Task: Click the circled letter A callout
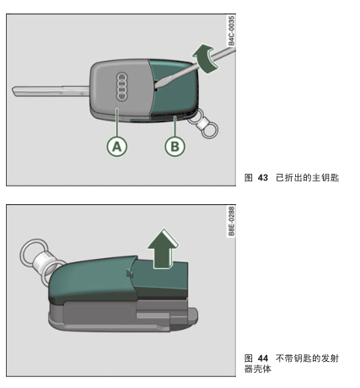tap(117, 147)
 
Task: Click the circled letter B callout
tap(175, 147)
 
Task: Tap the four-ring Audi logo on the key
tap(121, 86)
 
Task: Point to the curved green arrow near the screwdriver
tap(205, 58)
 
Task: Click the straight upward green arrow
tap(163, 249)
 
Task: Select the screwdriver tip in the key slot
tap(157, 85)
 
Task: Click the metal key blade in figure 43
tap(51, 91)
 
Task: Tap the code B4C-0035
tap(231, 30)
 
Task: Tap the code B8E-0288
tap(231, 221)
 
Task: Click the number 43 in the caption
tap(263, 178)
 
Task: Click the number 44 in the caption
tap(263, 358)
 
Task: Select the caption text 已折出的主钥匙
tap(308, 178)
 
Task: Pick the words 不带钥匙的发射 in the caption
tap(308, 358)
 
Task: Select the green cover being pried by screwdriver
tap(175, 90)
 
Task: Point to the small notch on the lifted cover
tap(130, 273)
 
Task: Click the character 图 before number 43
tap(249, 178)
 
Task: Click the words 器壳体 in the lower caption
tap(257, 369)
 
